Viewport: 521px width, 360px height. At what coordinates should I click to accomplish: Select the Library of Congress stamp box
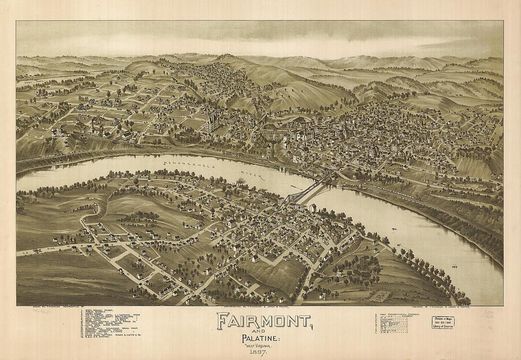(x=443, y=323)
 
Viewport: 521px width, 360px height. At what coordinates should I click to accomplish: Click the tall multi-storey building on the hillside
(x=211, y=123)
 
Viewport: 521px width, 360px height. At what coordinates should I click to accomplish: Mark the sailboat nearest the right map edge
(x=455, y=266)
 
